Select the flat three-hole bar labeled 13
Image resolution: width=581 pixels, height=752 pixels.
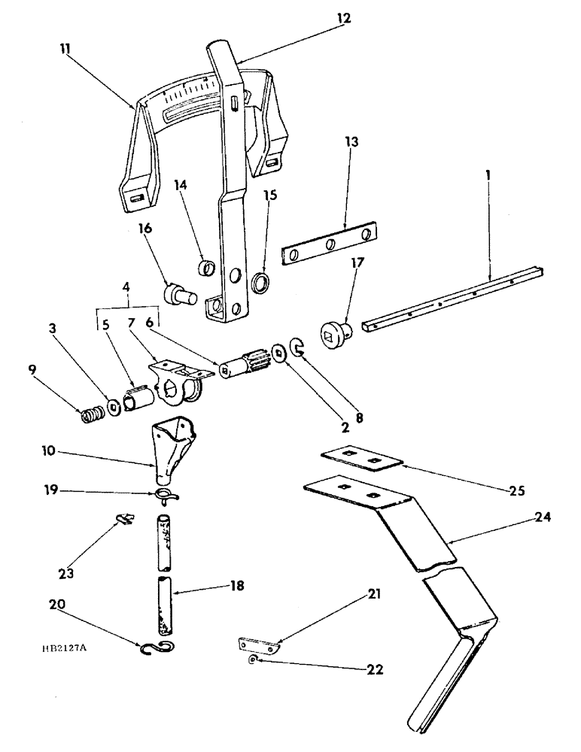(329, 244)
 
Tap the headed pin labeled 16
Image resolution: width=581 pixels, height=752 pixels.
(180, 293)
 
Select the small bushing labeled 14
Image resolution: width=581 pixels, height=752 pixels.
(205, 266)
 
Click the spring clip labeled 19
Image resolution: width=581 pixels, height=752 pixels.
(167, 496)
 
